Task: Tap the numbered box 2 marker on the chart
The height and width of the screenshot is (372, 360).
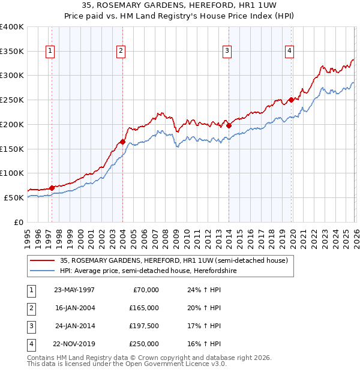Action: (x=121, y=52)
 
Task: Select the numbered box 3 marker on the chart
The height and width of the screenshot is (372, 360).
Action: (x=227, y=52)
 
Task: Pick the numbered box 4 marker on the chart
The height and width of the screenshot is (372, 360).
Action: (x=289, y=52)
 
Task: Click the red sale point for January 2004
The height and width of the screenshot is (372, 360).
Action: (x=122, y=142)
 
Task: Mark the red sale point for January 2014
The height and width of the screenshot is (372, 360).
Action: (x=229, y=125)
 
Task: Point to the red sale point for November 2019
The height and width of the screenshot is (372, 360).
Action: (x=291, y=100)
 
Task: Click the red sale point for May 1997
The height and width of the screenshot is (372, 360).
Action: (x=52, y=188)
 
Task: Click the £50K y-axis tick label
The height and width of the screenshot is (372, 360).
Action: (x=13, y=197)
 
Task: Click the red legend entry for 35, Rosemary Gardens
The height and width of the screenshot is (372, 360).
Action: (x=174, y=260)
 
